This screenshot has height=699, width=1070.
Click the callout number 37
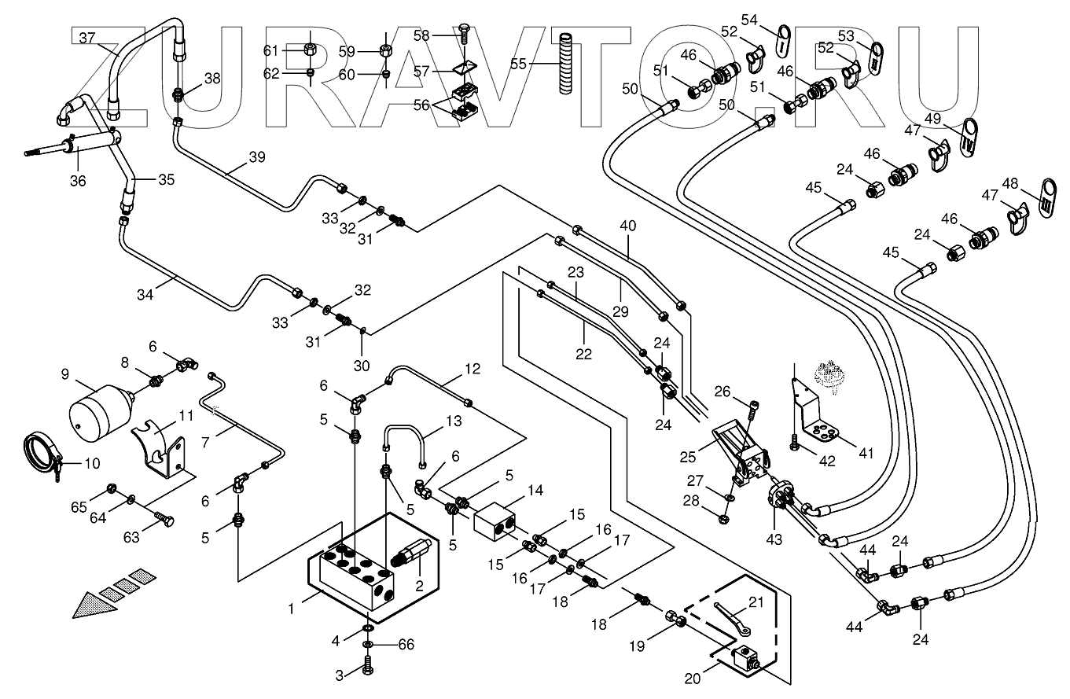[x=86, y=36]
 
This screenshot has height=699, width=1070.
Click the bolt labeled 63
[x=164, y=519]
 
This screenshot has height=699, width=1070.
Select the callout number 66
[x=405, y=645]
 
